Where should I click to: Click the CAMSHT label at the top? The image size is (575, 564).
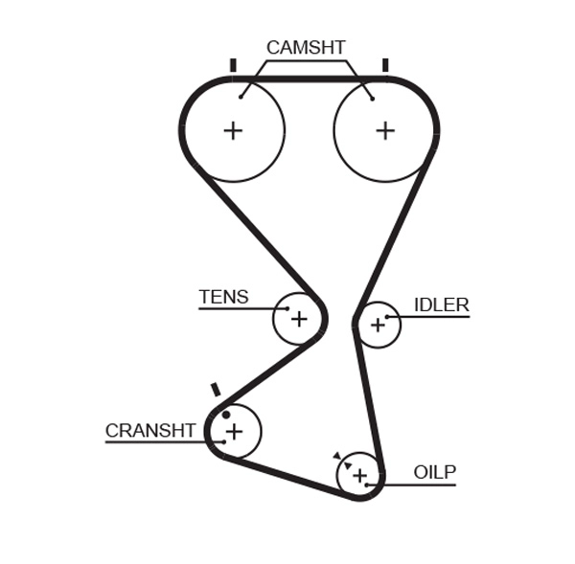click(306, 48)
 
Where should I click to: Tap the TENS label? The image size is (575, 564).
click(223, 297)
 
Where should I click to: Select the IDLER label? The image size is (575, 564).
click(441, 305)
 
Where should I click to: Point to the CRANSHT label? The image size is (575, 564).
click(150, 431)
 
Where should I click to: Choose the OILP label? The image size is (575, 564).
click(435, 472)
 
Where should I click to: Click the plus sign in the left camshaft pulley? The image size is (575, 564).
click(233, 130)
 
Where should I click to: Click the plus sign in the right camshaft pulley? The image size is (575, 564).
click(384, 130)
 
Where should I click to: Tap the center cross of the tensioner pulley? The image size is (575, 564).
click(299, 319)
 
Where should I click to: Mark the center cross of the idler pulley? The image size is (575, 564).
click(378, 326)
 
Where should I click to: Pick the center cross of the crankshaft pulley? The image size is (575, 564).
click(234, 432)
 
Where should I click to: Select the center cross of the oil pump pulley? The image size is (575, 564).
click(359, 475)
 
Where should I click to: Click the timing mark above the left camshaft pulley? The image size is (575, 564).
click(233, 65)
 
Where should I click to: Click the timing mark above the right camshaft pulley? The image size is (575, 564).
click(385, 65)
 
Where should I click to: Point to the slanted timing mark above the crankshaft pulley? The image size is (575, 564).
click(216, 390)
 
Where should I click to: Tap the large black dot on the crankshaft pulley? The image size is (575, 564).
click(226, 415)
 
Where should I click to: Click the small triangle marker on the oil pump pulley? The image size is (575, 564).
click(336, 456)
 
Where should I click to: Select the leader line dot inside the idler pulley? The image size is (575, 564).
click(387, 316)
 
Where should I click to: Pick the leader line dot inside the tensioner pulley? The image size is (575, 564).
click(287, 308)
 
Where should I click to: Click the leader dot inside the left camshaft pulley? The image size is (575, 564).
click(241, 96)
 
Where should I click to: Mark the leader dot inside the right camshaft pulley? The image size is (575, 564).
click(372, 97)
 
